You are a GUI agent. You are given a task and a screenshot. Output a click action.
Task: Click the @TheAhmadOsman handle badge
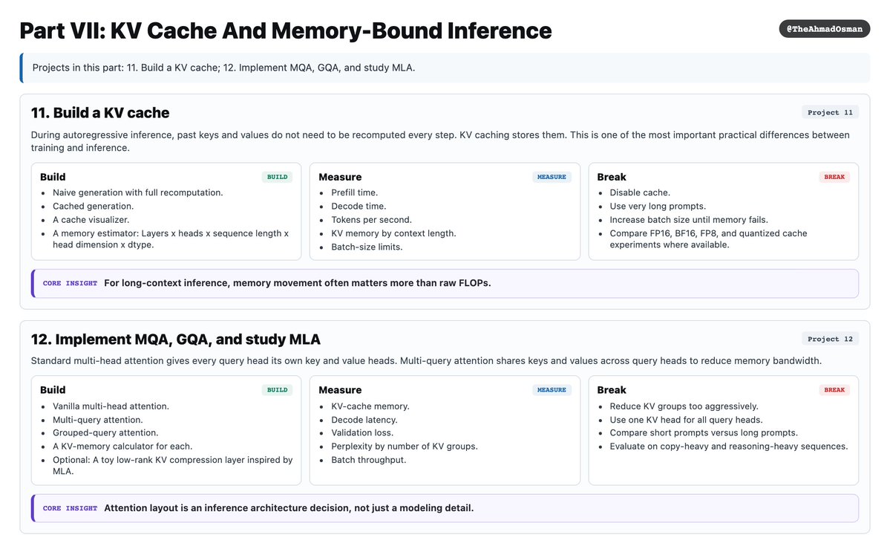824,29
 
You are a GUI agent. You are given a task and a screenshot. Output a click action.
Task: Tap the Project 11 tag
830,112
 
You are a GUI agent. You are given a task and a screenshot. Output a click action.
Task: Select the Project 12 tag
830,339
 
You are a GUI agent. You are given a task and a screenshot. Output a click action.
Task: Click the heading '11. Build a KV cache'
100,113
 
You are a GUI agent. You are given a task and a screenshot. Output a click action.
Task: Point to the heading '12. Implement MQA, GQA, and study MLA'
175,340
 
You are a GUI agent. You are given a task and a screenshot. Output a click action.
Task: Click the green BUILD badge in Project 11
277,177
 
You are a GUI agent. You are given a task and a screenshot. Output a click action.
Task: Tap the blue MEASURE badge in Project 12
552,390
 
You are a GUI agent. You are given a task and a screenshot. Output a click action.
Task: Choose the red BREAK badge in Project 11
834,177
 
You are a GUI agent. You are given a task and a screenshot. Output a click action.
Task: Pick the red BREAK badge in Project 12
834,390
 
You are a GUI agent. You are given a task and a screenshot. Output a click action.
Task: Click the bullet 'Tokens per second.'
371,220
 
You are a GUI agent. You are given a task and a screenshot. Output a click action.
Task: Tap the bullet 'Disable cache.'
640,192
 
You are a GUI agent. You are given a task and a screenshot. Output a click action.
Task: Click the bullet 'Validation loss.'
362,432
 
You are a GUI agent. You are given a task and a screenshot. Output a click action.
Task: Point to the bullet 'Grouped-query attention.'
105,432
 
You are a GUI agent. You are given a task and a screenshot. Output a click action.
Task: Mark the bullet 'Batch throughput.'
368,460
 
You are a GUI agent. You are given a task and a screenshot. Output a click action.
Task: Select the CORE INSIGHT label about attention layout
70,508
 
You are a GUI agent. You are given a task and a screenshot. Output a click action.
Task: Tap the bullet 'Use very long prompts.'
658,206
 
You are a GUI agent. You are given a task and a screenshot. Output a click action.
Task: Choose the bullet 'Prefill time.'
354,192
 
